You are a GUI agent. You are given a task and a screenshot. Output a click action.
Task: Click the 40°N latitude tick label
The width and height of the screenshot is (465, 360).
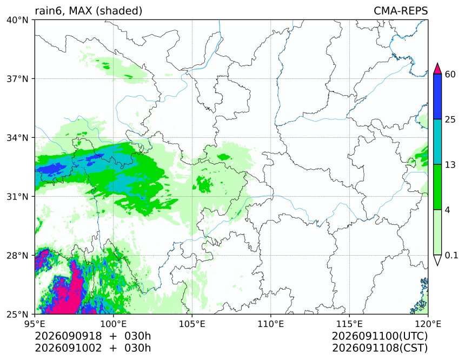coord(17,20)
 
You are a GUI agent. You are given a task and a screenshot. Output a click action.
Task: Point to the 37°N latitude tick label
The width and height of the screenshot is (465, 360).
coord(17,79)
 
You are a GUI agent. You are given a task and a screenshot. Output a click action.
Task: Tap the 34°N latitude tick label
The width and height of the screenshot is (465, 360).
coord(17,138)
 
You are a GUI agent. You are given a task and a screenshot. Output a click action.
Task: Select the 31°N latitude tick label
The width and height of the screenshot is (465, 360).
coord(17,196)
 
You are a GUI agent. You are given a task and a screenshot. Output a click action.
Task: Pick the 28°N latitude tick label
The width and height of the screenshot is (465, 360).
coord(17,255)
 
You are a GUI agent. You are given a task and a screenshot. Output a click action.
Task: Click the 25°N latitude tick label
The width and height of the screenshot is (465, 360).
coord(17,314)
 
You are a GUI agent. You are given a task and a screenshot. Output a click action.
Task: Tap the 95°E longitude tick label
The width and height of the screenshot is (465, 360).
coord(35,324)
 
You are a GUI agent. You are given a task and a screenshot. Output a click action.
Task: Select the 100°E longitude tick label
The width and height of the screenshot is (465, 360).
coord(114,324)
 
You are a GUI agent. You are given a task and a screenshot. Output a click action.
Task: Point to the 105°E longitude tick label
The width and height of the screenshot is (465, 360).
coord(192,324)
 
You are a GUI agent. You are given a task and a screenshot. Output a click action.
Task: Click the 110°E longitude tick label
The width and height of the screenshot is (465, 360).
coord(271,324)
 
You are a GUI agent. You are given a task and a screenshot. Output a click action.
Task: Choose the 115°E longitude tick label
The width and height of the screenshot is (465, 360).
coord(349,324)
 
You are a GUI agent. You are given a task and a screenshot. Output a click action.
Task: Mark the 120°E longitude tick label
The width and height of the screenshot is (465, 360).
coord(428,324)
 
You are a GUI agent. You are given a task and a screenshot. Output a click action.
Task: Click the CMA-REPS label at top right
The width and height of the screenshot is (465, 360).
coord(401,11)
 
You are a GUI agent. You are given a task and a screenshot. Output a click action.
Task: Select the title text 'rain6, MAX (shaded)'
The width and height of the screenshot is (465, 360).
coord(88,11)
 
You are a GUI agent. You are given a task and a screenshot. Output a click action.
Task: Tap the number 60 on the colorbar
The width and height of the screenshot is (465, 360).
coord(450,74)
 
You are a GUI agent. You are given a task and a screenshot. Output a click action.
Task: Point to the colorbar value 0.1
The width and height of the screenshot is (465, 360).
coord(451,255)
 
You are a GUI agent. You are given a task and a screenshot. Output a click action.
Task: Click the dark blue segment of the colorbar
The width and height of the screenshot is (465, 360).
coord(437,97)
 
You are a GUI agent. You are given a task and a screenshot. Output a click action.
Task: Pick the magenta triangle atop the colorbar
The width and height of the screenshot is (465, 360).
coord(437,69)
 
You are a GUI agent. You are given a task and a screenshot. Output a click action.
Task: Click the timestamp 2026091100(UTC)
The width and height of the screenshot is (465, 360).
coord(380,336)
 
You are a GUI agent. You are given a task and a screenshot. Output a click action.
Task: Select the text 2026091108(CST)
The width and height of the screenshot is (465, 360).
coord(380,348)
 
